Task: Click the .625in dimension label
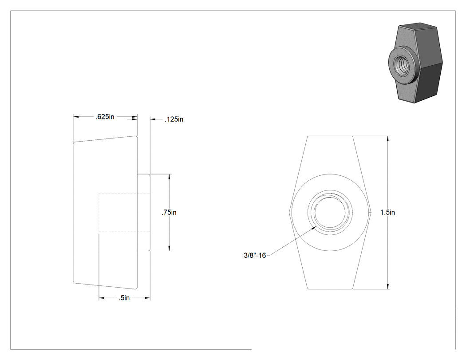[x=105, y=117]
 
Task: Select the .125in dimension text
[x=174, y=119]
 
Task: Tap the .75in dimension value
[x=169, y=213]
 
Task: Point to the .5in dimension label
[x=124, y=298]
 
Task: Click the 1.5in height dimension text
[x=387, y=213]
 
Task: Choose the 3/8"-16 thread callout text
[x=255, y=255]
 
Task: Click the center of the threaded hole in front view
[x=330, y=212]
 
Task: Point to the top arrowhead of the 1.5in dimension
[x=388, y=138]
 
